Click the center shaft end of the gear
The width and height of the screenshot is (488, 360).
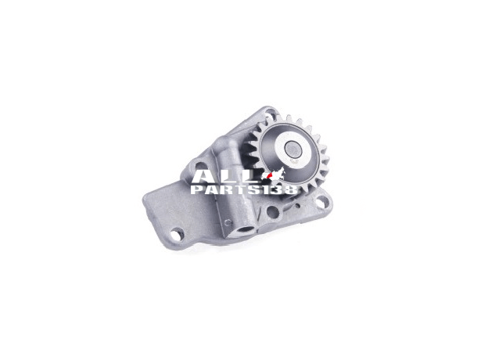[x=293, y=149]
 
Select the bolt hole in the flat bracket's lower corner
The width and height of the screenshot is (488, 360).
[x=177, y=234]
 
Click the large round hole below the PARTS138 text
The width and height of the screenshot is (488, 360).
[x=273, y=212]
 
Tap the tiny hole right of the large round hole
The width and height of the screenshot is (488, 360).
[x=298, y=206]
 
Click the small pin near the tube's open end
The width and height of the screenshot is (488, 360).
[x=228, y=222]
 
